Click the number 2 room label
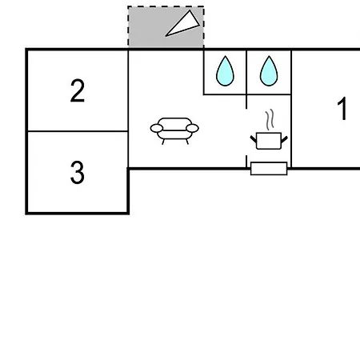tap(78, 90)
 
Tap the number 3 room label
tap(78, 172)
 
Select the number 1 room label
tap(342, 109)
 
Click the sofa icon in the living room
tap(174, 131)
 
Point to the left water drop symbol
tap(225, 71)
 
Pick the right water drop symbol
tap(269, 71)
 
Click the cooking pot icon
tap(269, 141)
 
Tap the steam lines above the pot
tap(270, 119)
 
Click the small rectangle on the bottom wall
tap(269, 169)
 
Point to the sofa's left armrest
tap(157, 128)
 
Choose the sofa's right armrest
tap(192, 128)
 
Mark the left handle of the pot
tap(254, 139)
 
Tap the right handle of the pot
tap(285, 139)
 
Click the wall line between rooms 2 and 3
tap(78, 131)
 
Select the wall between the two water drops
tap(246, 72)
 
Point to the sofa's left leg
tap(163, 142)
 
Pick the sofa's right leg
tap(187, 142)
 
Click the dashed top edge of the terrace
tap(166, 6)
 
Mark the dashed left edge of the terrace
tap(128, 26)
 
